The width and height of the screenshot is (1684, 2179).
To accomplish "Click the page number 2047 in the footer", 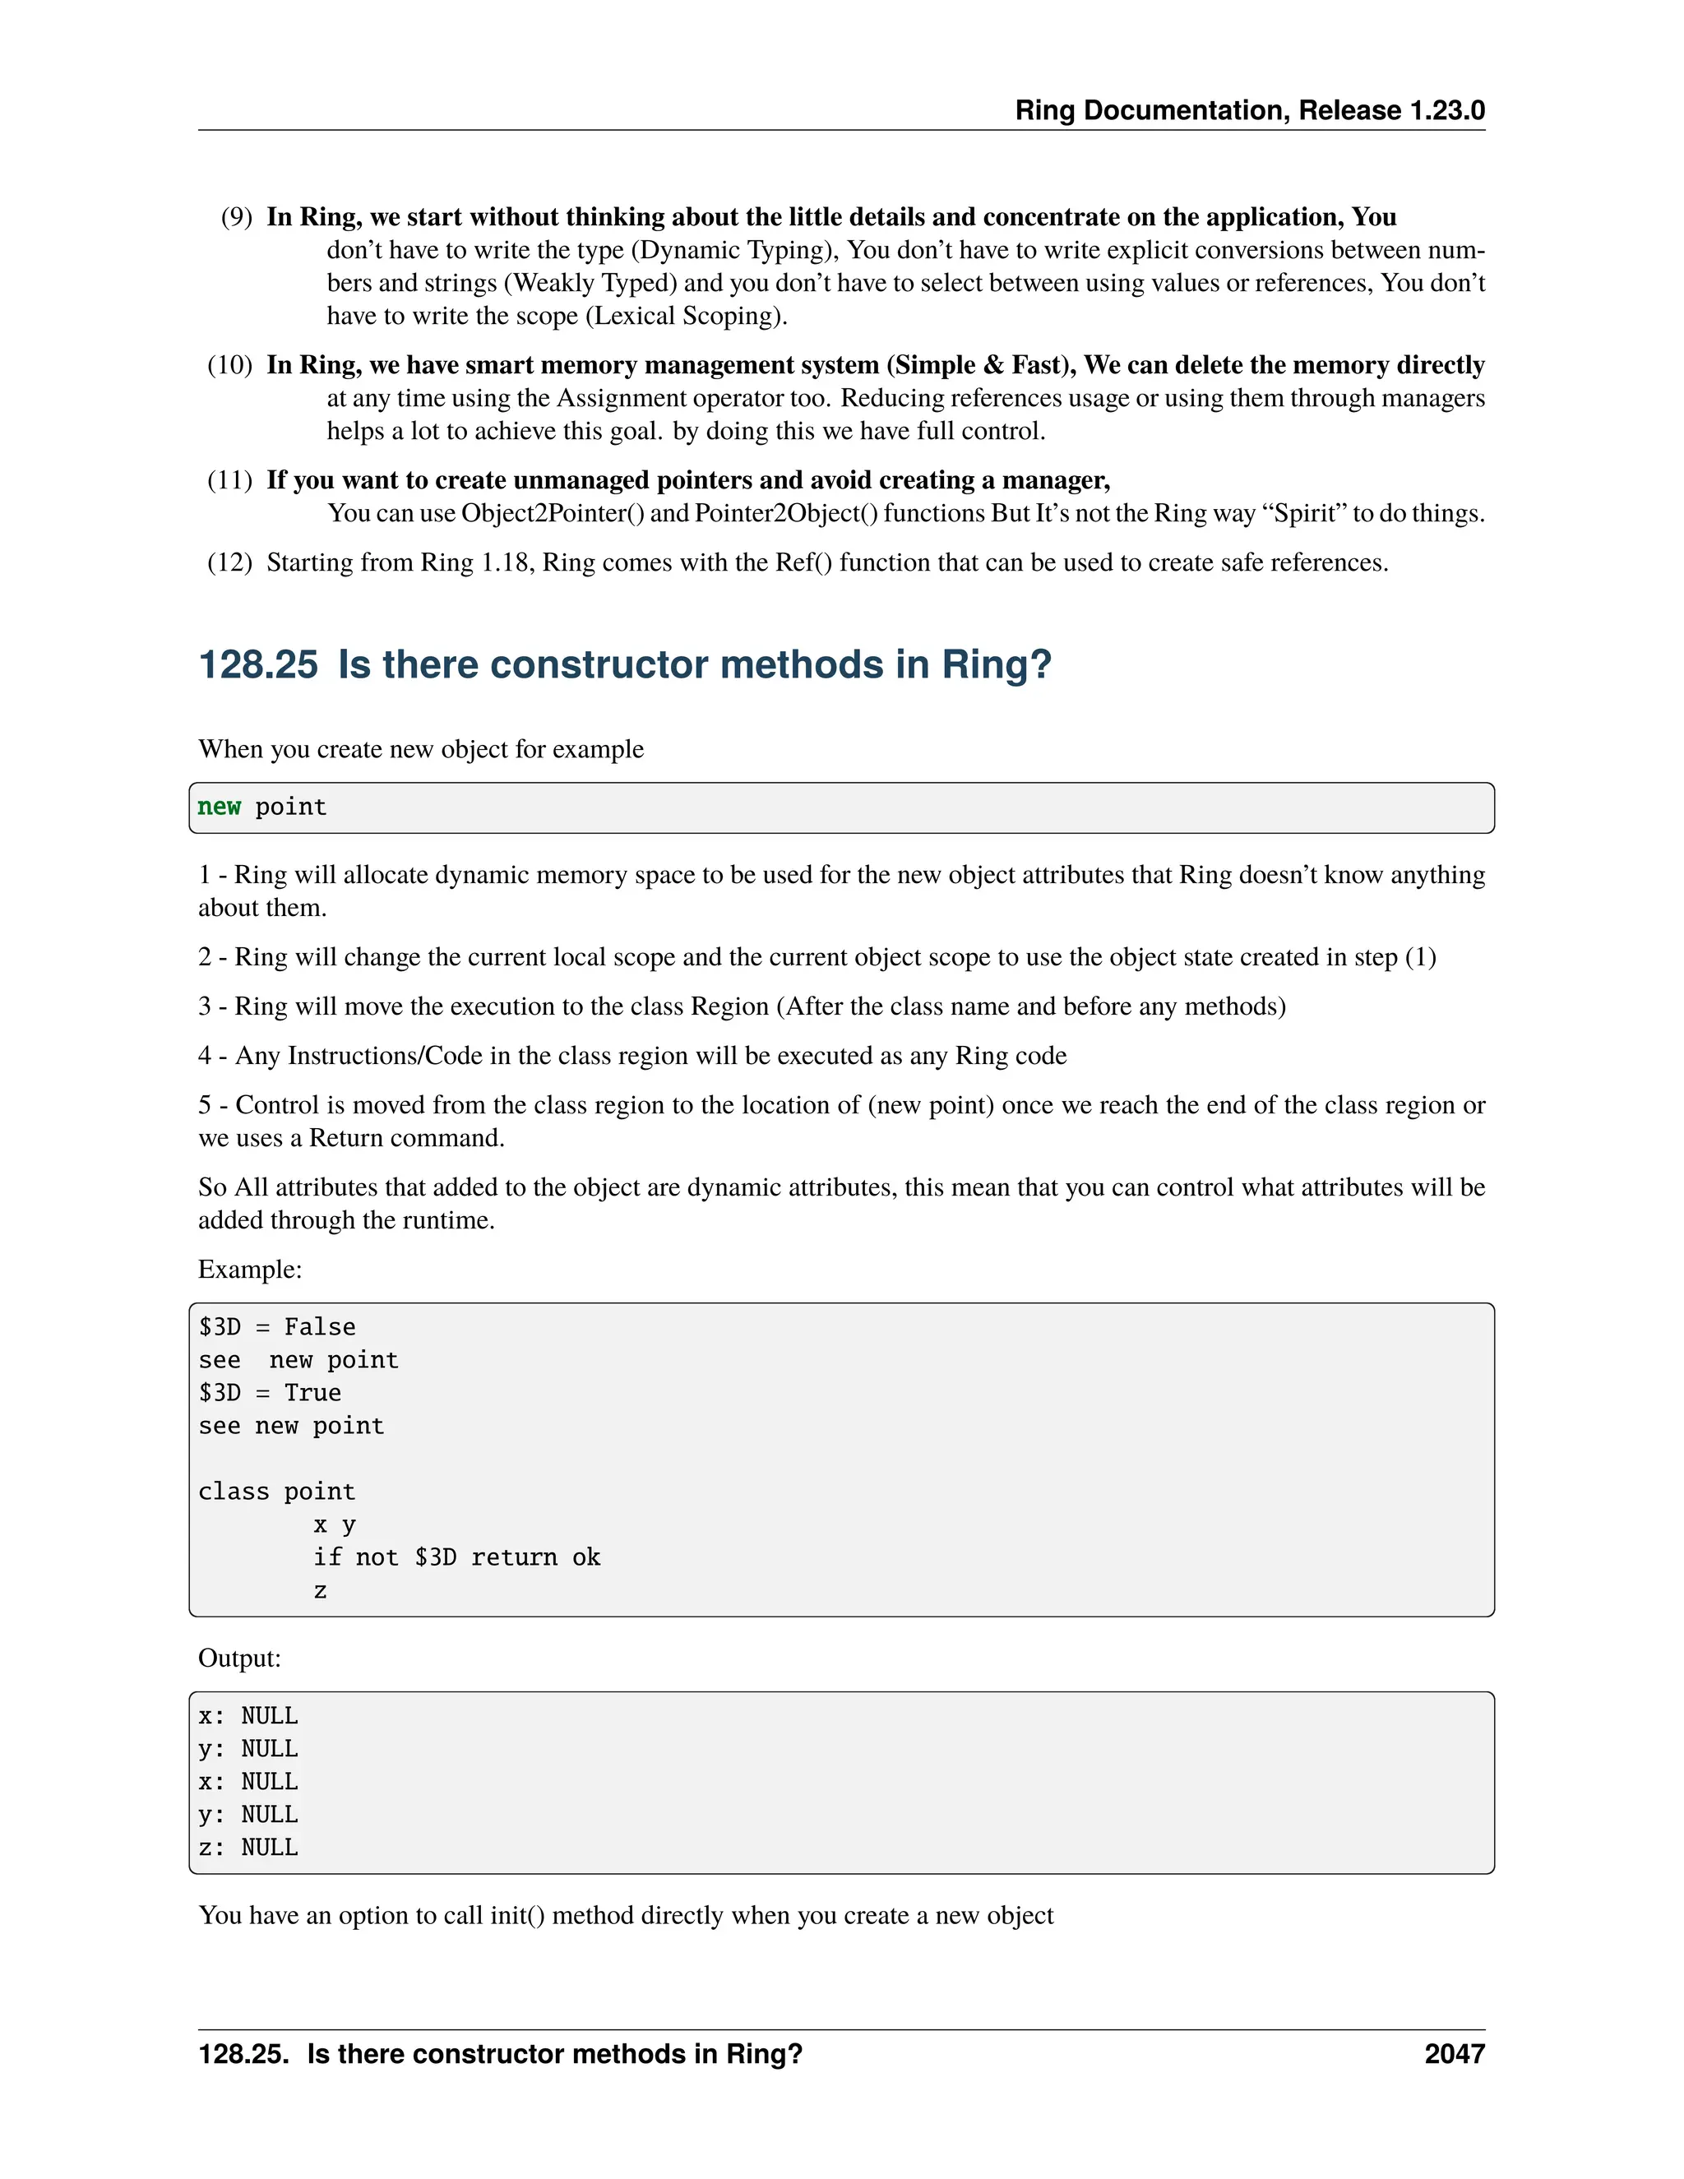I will click(1454, 2053).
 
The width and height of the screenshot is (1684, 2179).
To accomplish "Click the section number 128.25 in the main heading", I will click(258, 664).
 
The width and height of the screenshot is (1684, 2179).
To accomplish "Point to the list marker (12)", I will click(229, 562).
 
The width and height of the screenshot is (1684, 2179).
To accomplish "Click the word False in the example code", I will click(319, 1327).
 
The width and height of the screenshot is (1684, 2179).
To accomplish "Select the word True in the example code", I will click(312, 1393).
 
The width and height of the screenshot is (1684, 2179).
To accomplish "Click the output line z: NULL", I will click(248, 1847).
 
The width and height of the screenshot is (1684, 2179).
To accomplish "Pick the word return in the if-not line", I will click(514, 1557).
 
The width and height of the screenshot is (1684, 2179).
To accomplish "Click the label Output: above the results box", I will click(239, 1659).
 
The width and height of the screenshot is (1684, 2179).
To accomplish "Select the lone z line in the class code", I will click(320, 1590).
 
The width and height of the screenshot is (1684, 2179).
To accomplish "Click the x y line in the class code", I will click(334, 1524).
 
